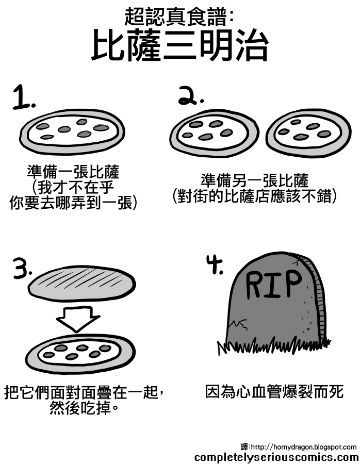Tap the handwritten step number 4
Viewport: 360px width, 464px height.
click(214, 266)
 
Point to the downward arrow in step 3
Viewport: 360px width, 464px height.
click(77, 318)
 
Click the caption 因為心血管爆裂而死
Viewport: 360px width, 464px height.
click(274, 391)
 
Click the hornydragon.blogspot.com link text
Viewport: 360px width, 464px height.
click(304, 446)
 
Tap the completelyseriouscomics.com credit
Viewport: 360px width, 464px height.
click(276, 457)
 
